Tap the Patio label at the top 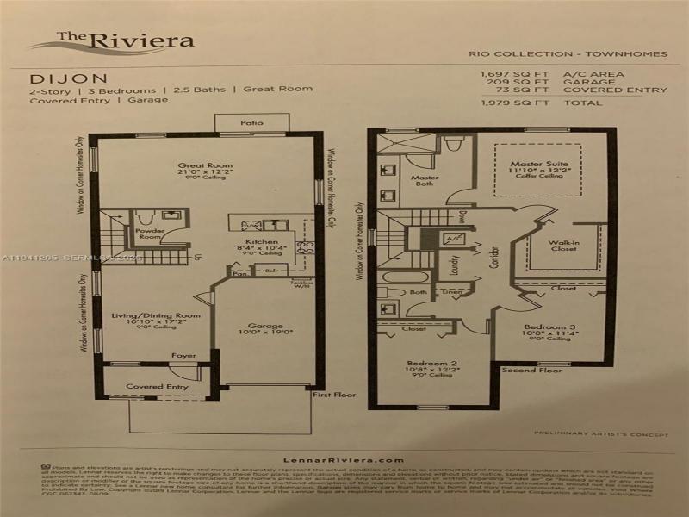(x=251, y=123)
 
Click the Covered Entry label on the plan (x=157, y=387)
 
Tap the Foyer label (x=183, y=355)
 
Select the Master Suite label (x=536, y=163)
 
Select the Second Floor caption (x=537, y=371)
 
